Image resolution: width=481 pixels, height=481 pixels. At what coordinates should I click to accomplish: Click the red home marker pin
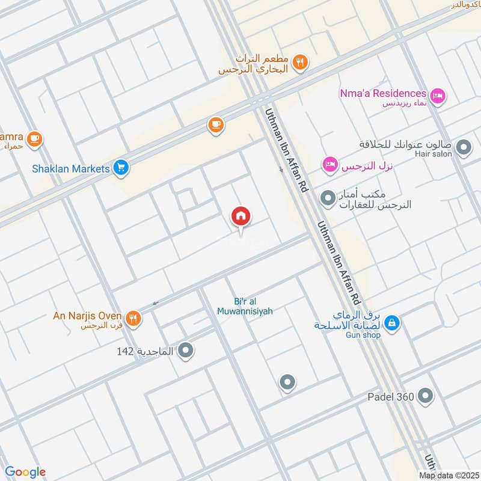(241, 216)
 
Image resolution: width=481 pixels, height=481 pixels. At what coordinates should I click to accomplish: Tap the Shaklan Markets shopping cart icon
(121, 168)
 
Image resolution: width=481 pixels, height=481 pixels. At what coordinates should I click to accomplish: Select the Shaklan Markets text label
(71, 168)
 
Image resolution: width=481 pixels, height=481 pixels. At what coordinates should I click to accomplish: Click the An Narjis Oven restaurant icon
(133, 317)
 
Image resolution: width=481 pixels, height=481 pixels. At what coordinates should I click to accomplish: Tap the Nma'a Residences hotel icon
(438, 94)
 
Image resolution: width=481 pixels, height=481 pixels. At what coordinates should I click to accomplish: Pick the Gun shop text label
(363, 335)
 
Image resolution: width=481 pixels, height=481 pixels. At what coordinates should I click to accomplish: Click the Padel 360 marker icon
(426, 396)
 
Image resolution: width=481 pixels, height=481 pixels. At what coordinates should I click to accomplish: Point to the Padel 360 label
(391, 397)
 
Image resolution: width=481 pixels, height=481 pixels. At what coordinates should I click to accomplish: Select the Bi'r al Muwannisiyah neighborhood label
(245, 307)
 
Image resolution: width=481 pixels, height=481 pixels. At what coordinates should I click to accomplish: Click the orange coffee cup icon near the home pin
(215, 124)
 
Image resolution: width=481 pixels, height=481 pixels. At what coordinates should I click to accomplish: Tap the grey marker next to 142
(186, 349)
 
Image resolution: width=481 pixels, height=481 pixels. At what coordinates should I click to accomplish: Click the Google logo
(25, 472)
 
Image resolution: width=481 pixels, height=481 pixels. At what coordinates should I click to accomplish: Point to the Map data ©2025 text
(448, 476)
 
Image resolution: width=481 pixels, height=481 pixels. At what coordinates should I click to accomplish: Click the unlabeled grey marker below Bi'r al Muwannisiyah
(287, 382)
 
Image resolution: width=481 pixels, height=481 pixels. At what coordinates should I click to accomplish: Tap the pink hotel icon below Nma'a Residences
(329, 165)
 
